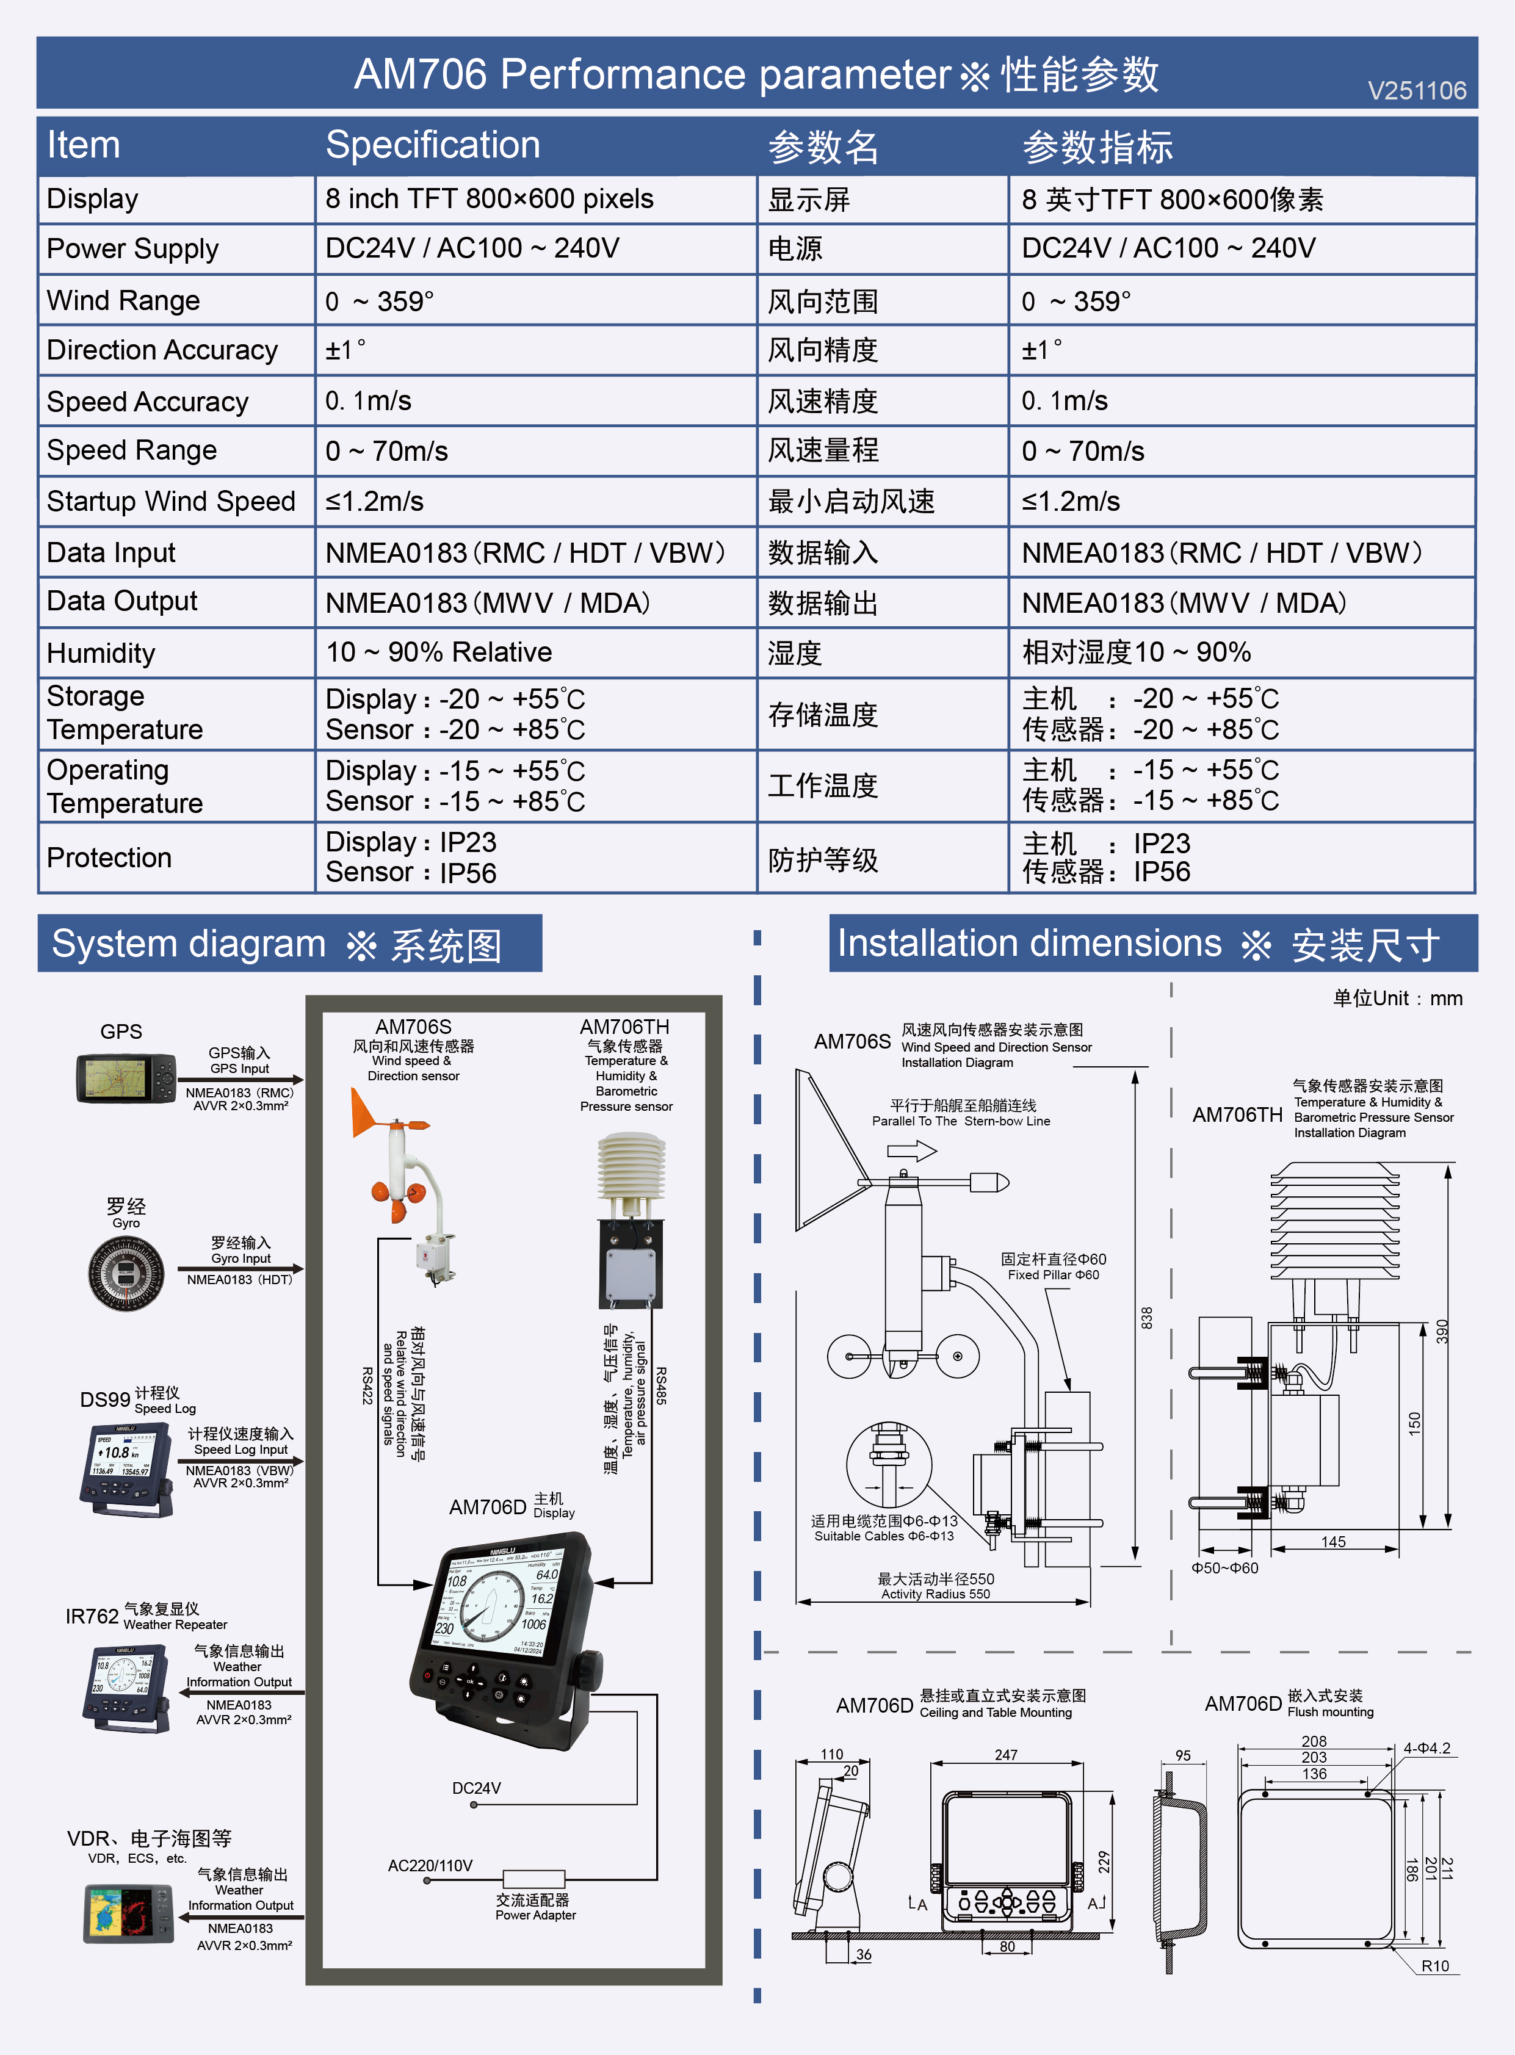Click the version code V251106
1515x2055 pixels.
pos(1416,91)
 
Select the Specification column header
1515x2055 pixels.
pos(433,145)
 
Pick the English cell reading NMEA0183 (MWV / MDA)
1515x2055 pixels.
pos(488,602)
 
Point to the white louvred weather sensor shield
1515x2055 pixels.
pos(631,1165)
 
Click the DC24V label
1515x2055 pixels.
pos(476,1788)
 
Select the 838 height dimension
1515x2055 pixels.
pos(1146,1318)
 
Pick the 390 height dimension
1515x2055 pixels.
pos(1442,1332)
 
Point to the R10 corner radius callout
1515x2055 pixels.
pos(1435,1966)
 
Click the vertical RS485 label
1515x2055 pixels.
pos(661,1385)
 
